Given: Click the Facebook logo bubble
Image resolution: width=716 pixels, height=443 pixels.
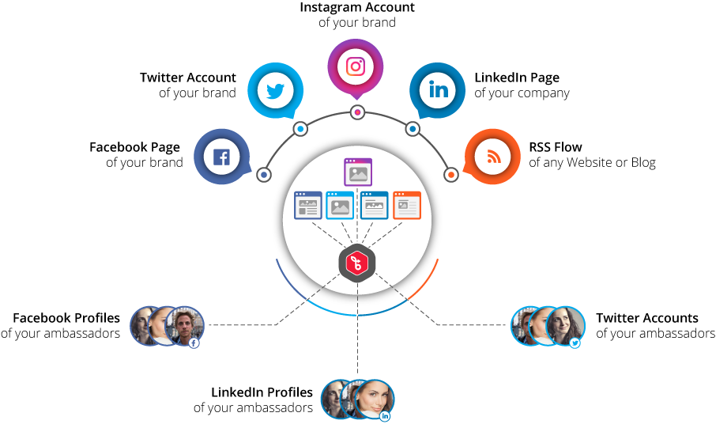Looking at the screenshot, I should (221, 157).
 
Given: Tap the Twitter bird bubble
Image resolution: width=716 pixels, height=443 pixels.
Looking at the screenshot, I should (275, 91).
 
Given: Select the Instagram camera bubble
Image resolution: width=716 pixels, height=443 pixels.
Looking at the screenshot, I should (356, 66).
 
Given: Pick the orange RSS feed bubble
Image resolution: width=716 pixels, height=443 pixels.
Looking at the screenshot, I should (493, 157).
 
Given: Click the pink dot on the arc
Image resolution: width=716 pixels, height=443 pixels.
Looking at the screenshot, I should (357, 112).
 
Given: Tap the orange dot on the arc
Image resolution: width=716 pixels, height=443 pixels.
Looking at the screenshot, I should (450, 174).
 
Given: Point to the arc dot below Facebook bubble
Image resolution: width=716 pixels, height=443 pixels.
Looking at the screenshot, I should (264, 174).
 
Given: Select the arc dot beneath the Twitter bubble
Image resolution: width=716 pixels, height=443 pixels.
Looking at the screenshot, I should (300, 128).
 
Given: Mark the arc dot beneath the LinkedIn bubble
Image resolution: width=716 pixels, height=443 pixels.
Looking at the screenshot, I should (413, 128).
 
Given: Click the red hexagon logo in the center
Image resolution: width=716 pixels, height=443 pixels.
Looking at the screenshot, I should (357, 263).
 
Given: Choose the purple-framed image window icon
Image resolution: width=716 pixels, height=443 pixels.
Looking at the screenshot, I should (358, 172).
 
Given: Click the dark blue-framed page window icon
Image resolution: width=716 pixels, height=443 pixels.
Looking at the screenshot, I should (308, 205).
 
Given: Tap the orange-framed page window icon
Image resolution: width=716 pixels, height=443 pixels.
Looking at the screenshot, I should (407, 205).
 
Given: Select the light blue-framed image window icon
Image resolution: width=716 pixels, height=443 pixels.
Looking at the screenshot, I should (341, 205).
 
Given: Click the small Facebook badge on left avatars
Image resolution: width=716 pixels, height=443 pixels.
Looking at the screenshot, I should (194, 343).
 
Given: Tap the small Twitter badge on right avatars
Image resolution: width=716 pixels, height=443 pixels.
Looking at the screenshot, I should (575, 343).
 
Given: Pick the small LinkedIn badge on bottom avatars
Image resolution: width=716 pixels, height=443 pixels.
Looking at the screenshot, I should (385, 416).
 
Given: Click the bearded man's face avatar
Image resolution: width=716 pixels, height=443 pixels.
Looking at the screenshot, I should (186, 324).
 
